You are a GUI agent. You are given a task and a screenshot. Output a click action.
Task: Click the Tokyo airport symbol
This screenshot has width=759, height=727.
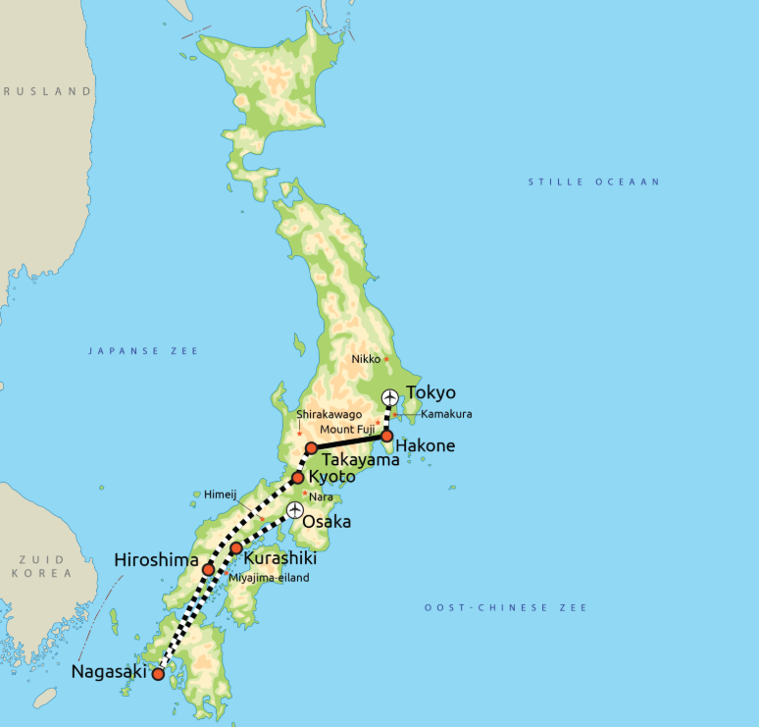point(390,397)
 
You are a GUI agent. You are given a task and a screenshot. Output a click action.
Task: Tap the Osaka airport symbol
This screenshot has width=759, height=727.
point(294,510)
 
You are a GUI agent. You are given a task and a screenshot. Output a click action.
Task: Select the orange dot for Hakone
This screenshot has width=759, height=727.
point(386,436)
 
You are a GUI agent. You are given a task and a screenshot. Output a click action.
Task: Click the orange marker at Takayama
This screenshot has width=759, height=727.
point(311,448)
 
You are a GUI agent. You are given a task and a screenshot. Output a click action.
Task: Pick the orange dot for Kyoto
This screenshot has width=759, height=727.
point(298,478)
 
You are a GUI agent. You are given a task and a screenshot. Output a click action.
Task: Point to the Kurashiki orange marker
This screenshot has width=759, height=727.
point(236,547)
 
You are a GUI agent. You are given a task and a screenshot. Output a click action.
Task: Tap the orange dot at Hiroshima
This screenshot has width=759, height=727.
point(208,569)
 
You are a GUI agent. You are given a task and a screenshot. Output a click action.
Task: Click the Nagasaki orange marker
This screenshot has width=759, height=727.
point(157,674)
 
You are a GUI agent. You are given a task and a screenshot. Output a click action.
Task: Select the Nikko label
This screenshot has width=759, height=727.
point(366,360)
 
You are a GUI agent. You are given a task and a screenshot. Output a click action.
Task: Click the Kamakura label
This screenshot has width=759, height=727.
point(446,414)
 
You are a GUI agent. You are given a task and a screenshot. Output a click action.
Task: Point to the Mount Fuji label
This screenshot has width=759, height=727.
point(346,429)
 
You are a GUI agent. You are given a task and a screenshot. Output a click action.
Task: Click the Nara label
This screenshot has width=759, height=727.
point(320,496)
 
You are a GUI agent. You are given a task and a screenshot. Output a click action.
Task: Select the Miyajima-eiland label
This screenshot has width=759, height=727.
point(269,578)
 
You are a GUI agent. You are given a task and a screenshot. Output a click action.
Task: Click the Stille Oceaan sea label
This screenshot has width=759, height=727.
point(594,182)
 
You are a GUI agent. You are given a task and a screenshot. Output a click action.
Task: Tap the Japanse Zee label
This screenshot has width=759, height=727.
point(143,350)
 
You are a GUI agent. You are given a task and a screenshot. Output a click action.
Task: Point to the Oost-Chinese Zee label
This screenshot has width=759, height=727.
point(506,608)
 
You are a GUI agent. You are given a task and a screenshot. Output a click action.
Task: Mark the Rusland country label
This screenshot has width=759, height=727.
point(47,91)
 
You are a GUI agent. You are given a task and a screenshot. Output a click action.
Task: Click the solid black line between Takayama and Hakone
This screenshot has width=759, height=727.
point(349,441)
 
